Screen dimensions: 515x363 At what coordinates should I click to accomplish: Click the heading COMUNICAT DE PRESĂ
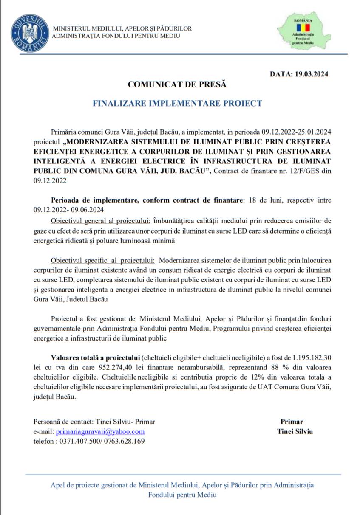(177, 84)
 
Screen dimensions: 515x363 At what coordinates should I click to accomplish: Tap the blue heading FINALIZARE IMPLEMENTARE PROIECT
(177, 103)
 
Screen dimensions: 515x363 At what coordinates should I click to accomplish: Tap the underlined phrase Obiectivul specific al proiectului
(102, 260)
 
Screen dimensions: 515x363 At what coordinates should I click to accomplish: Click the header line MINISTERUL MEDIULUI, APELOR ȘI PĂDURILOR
(122, 28)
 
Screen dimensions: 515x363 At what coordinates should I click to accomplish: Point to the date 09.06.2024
(87, 209)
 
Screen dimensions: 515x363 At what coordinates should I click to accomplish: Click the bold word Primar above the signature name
(292, 422)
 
